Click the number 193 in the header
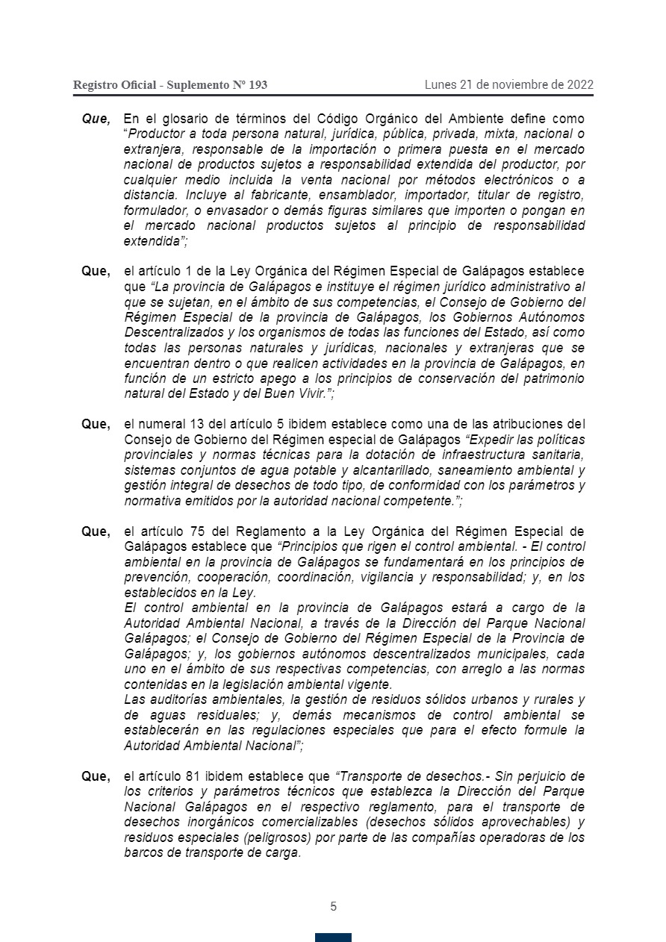coord(257,85)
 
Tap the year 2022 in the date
coord(579,84)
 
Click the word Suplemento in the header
coord(199,85)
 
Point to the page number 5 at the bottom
coord(333,907)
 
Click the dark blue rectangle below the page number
coord(333,937)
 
